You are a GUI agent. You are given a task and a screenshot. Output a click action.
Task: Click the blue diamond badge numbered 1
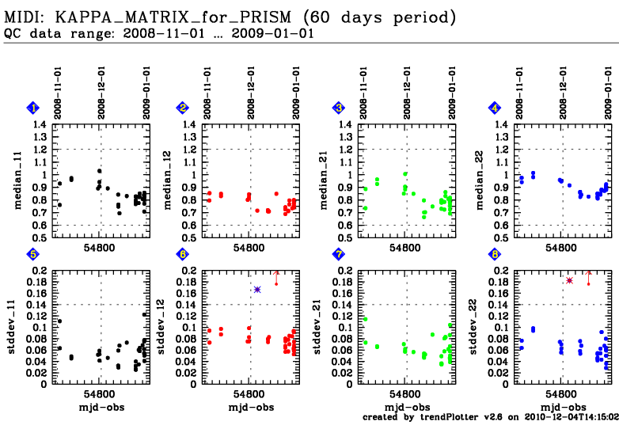33,108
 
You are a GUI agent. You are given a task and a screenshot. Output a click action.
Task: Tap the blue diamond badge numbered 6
183,255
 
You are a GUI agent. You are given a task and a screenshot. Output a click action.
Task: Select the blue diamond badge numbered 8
495,255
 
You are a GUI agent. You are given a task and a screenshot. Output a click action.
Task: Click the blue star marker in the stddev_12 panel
257,290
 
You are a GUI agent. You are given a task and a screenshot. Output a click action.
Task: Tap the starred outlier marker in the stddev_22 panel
569,280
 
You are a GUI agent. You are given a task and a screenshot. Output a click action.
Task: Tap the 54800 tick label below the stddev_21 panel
404,393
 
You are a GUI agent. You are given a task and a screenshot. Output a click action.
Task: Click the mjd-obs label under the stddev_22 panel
563,407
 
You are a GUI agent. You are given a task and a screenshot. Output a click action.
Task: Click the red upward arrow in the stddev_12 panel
276,275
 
